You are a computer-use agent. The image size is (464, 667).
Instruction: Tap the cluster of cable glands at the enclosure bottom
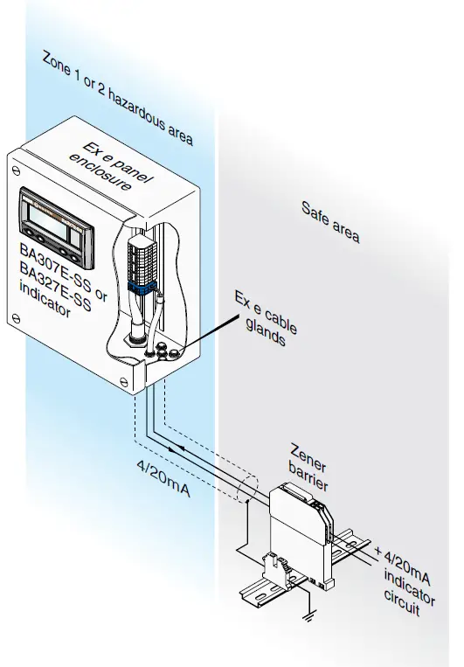click(164, 351)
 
